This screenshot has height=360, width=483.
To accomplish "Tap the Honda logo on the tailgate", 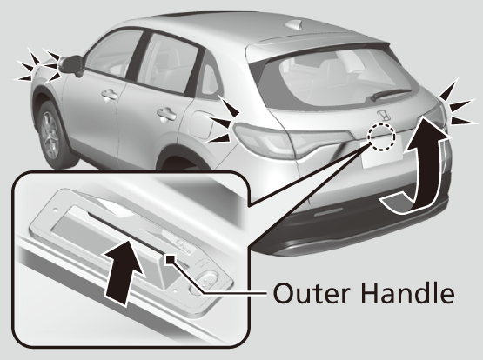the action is tap(384, 116).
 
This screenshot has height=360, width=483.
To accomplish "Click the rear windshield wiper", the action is tap(390, 94).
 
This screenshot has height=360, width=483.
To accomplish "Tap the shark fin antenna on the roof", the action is tap(297, 24).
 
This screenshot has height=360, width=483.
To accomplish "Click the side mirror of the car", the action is tap(71, 65).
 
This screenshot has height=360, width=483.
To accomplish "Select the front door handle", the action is tap(110, 94).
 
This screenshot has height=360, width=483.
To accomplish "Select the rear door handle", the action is tap(166, 114).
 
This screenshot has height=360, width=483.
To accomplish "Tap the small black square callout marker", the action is tap(171, 260).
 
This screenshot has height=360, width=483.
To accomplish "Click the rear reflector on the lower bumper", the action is tap(329, 211).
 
